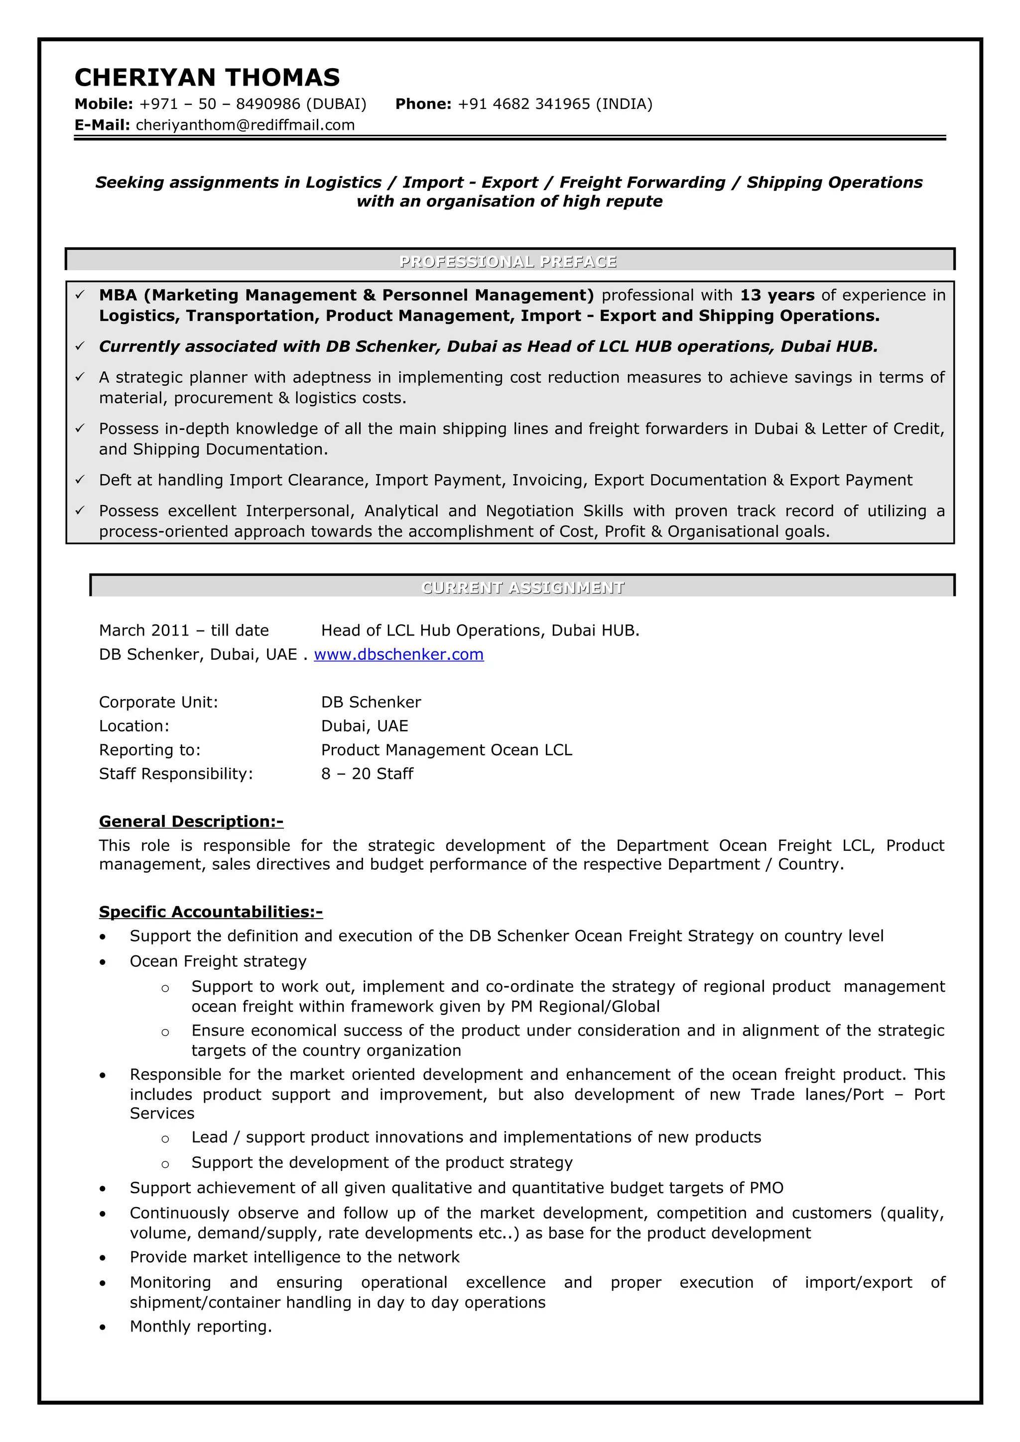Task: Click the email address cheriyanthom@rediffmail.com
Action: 245,125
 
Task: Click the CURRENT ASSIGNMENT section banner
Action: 522,587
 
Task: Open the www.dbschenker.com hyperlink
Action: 398,654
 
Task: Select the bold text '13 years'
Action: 777,295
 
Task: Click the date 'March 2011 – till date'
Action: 183,630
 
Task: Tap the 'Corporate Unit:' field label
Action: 158,702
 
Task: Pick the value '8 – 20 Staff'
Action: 367,774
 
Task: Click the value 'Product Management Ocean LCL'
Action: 446,750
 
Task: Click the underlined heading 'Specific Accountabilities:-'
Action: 211,912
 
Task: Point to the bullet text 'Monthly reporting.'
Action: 201,1327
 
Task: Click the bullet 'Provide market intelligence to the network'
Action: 294,1257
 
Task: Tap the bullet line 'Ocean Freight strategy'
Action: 218,961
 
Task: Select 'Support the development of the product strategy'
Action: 382,1162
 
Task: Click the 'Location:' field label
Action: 134,726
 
